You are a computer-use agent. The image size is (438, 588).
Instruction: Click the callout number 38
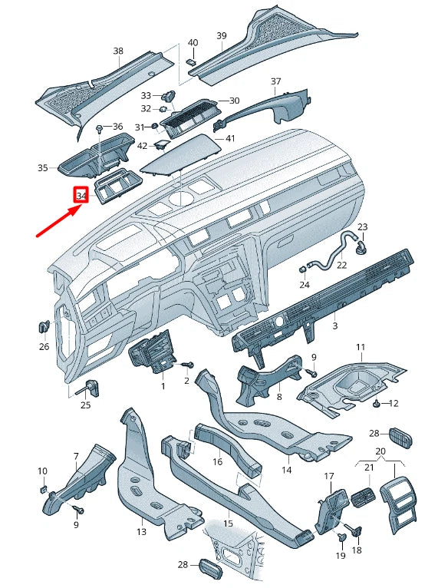point(117,51)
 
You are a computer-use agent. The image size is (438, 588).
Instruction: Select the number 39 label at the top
point(221,36)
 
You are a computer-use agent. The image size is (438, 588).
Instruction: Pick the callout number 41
point(229,139)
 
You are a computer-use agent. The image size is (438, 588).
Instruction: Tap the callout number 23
point(363,226)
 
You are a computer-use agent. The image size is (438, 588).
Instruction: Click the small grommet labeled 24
point(302,269)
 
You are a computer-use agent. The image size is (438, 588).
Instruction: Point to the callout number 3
point(334,326)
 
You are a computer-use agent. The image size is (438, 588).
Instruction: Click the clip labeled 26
point(44,327)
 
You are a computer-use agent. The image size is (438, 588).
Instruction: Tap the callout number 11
point(360,348)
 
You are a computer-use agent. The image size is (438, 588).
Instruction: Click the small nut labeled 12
point(376,402)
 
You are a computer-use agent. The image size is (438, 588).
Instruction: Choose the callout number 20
point(380,451)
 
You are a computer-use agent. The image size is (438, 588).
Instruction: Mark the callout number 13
point(140,531)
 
